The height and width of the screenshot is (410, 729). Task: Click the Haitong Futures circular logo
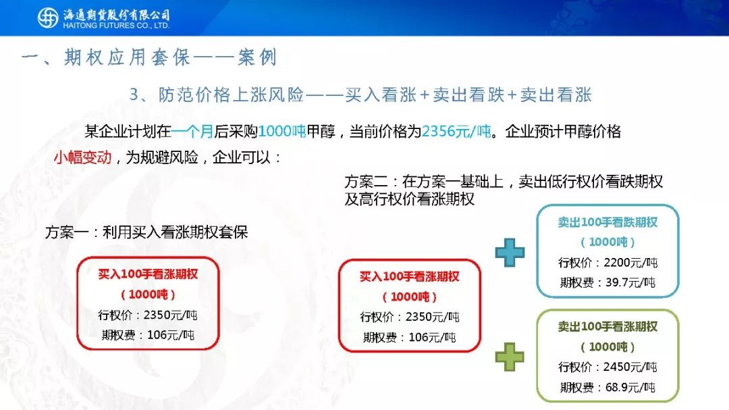48,18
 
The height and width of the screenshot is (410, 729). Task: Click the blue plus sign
510,253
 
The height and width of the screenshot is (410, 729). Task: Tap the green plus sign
510,357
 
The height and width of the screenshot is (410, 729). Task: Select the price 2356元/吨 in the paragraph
456,132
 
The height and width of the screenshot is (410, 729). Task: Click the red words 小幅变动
83,158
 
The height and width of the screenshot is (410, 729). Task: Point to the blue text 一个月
192,132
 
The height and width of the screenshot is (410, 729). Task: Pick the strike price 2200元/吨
630,263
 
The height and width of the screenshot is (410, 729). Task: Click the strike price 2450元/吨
630,367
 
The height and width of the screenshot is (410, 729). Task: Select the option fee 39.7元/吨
630,282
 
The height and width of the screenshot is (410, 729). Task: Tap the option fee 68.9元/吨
630,387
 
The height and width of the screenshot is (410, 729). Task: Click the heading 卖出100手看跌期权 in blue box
607,222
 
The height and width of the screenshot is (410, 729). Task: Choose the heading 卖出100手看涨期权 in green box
607,327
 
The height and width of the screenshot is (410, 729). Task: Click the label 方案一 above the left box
66,232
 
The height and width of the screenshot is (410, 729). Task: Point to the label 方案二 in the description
366,182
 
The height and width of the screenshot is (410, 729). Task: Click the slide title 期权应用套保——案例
171,57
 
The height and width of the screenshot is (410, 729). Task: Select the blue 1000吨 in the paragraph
281,132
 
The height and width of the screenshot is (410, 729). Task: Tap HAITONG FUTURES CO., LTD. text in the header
116,26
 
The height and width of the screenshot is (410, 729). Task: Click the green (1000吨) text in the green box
607,347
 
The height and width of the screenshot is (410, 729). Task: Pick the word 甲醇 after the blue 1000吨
321,132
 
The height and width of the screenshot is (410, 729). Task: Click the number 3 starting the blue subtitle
134,95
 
